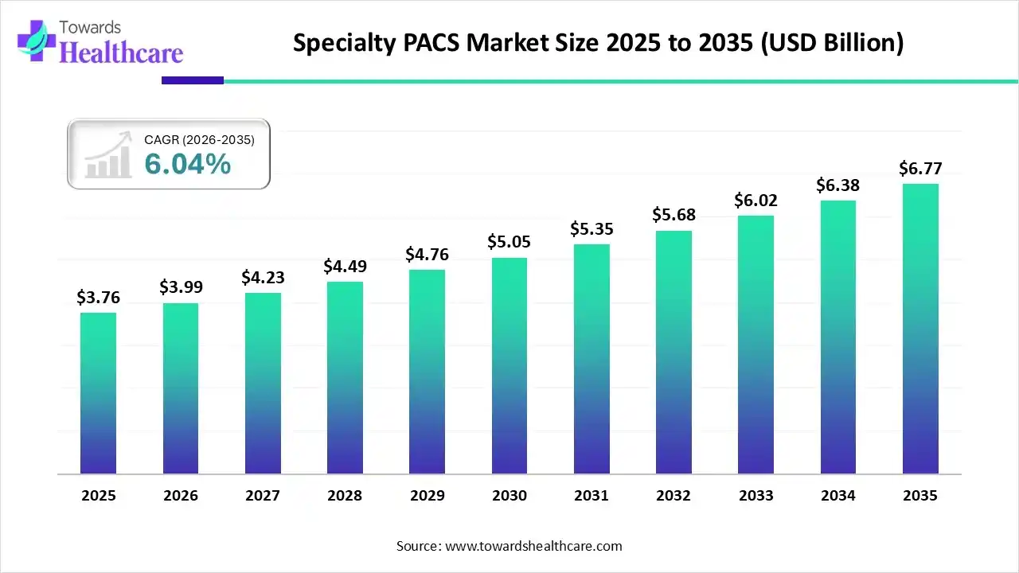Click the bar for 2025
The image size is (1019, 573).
pos(98,393)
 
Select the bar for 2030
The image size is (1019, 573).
pos(509,366)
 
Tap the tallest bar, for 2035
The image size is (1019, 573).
pos(920,329)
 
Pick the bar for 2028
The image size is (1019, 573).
pos(345,378)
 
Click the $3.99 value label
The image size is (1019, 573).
pos(180,287)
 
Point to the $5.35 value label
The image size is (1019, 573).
pos(591,228)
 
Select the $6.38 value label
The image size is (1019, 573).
pos(837,185)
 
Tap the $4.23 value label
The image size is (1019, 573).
pos(263,277)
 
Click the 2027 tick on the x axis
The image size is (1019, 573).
pos(263,495)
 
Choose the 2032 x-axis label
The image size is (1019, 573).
pos(673,495)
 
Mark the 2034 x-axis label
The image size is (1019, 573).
pos(837,495)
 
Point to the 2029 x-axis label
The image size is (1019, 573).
pos(427,495)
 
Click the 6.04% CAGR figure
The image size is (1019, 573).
pos(188,164)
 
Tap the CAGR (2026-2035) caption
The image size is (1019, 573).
pos(199,140)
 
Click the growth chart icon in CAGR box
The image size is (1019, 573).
pos(109,157)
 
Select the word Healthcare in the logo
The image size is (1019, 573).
pos(121,53)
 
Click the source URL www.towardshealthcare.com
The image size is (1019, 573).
pos(532,546)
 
